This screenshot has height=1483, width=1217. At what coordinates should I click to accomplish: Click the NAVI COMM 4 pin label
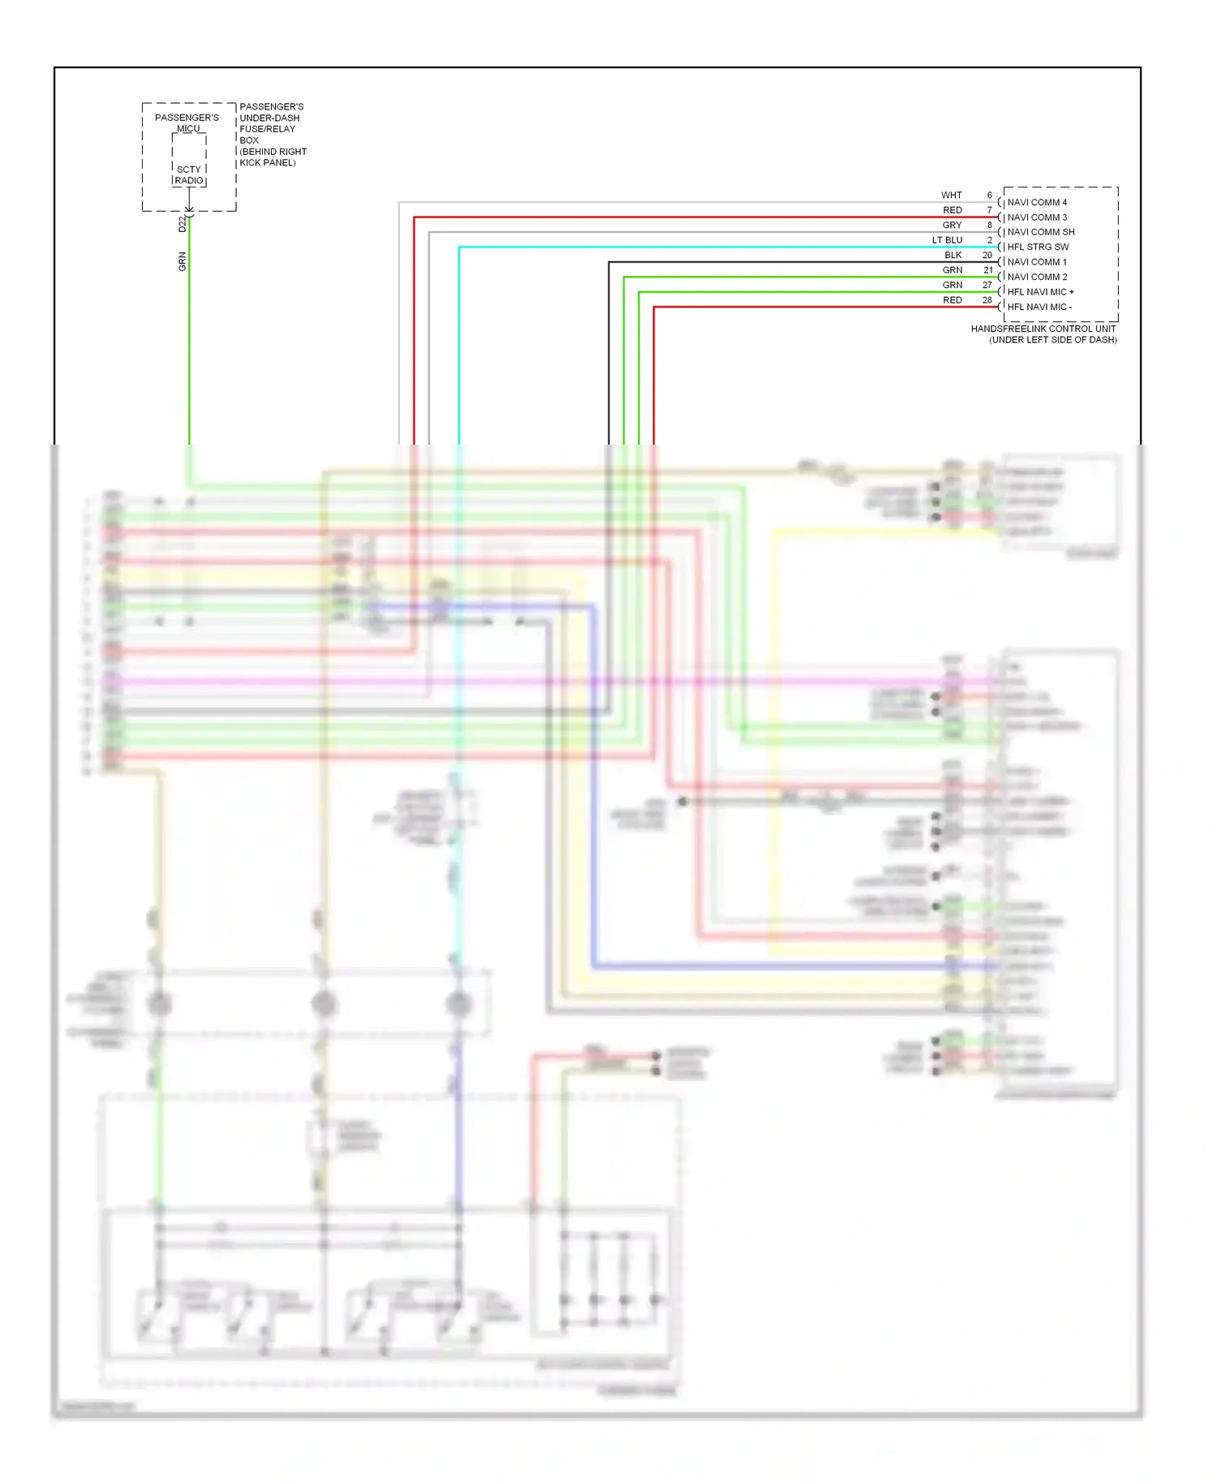[1037, 202]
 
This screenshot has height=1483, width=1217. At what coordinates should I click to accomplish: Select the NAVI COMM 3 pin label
[1037, 217]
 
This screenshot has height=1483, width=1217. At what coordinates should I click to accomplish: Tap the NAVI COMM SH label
[1040, 232]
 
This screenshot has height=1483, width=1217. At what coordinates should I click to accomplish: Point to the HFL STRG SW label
[1038, 247]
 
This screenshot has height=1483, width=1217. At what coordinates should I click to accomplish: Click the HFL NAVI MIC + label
[1040, 292]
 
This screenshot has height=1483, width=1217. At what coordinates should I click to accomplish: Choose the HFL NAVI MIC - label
[1039, 307]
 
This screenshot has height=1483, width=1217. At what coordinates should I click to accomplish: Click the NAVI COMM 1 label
[1037, 262]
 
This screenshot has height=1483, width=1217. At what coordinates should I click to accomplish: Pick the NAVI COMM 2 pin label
[1037, 277]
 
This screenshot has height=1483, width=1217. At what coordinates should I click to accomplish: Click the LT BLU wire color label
[947, 240]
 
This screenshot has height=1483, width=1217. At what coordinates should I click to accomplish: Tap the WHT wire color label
[951, 196]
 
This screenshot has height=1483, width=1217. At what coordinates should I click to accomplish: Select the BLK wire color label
[953, 255]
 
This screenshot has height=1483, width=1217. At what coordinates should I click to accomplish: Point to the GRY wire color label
[952, 226]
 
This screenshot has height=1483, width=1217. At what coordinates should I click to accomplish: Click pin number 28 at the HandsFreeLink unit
[987, 300]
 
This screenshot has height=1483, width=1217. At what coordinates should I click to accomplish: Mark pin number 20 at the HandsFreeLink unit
[987, 255]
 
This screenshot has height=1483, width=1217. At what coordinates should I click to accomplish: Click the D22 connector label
[183, 224]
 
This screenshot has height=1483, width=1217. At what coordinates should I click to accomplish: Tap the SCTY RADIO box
[189, 175]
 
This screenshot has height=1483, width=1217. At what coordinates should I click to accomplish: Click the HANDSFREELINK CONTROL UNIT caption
[1043, 329]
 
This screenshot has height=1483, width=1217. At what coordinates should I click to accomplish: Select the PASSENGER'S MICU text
[187, 123]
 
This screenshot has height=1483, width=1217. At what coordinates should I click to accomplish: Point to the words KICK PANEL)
[268, 163]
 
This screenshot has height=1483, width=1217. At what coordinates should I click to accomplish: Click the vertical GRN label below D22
[183, 261]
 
